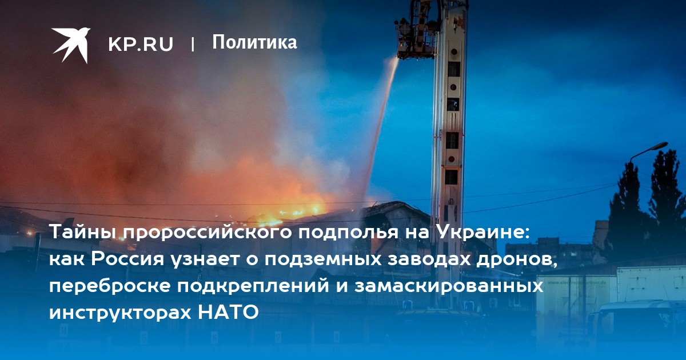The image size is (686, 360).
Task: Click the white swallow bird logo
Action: pyautogui.click(x=71, y=45)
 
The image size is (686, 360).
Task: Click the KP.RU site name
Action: pyautogui.click(x=141, y=44)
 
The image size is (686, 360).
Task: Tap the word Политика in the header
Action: pyautogui.click(x=254, y=42)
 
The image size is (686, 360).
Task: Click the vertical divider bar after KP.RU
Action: pyautogui.click(x=193, y=44)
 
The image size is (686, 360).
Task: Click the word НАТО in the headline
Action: pyautogui.click(x=229, y=312)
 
